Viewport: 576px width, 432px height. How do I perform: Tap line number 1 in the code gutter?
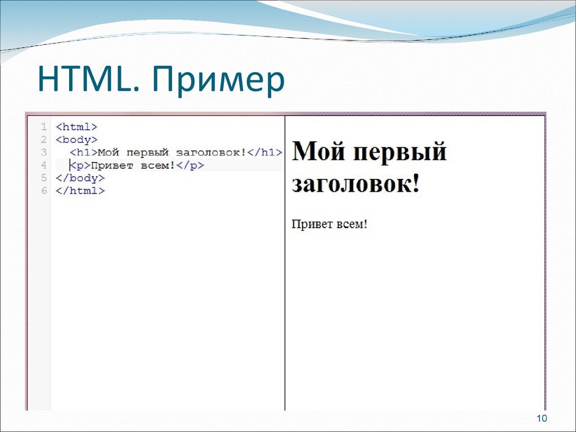[x=43, y=127]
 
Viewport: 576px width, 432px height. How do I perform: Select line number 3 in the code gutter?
[x=43, y=152]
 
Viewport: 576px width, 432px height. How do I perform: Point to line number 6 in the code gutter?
[x=43, y=191]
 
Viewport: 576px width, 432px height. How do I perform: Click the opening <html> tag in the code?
[x=76, y=127]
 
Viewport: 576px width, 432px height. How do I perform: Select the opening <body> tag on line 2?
[x=76, y=139]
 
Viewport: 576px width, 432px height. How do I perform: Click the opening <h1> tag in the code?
[x=83, y=152]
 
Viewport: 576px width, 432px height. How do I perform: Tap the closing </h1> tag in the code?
[x=263, y=152]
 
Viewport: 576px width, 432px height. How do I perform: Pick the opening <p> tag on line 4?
[x=80, y=165]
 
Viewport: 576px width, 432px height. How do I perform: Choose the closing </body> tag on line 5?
[x=80, y=178]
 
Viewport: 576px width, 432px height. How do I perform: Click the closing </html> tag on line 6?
[x=80, y=191]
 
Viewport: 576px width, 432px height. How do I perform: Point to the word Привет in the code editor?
[x=111, y=165]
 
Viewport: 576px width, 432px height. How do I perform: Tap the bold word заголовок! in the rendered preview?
[x=355, y=184]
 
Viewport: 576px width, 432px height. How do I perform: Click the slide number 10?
[x=542, y=418]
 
